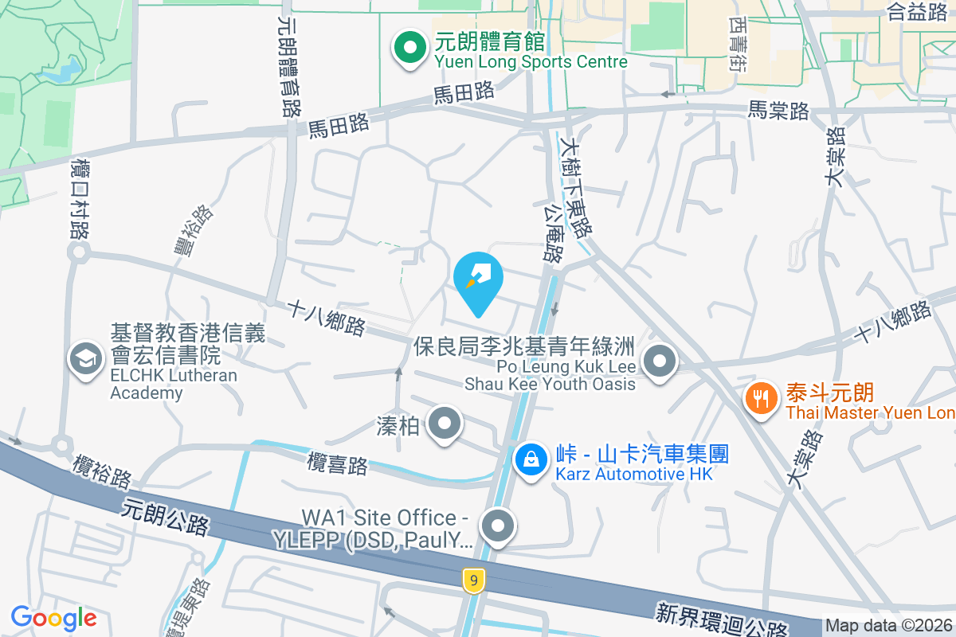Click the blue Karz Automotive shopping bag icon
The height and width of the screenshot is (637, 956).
click(529, 459)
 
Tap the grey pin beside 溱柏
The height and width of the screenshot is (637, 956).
click(445, 424)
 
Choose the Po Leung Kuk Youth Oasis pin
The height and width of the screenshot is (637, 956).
click(659, 362)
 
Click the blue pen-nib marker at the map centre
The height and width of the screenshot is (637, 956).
click(477, 279)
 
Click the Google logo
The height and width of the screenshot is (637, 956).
click(53, 618)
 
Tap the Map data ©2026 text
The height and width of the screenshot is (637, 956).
click(888, 626)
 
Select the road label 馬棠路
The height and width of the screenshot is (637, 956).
click(778, 111)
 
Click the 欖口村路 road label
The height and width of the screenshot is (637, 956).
click(79, 198)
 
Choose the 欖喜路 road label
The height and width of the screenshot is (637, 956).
click(338, 464)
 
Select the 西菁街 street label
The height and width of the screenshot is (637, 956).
click(737, 45)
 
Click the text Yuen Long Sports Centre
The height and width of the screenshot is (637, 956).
click(531, 61)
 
